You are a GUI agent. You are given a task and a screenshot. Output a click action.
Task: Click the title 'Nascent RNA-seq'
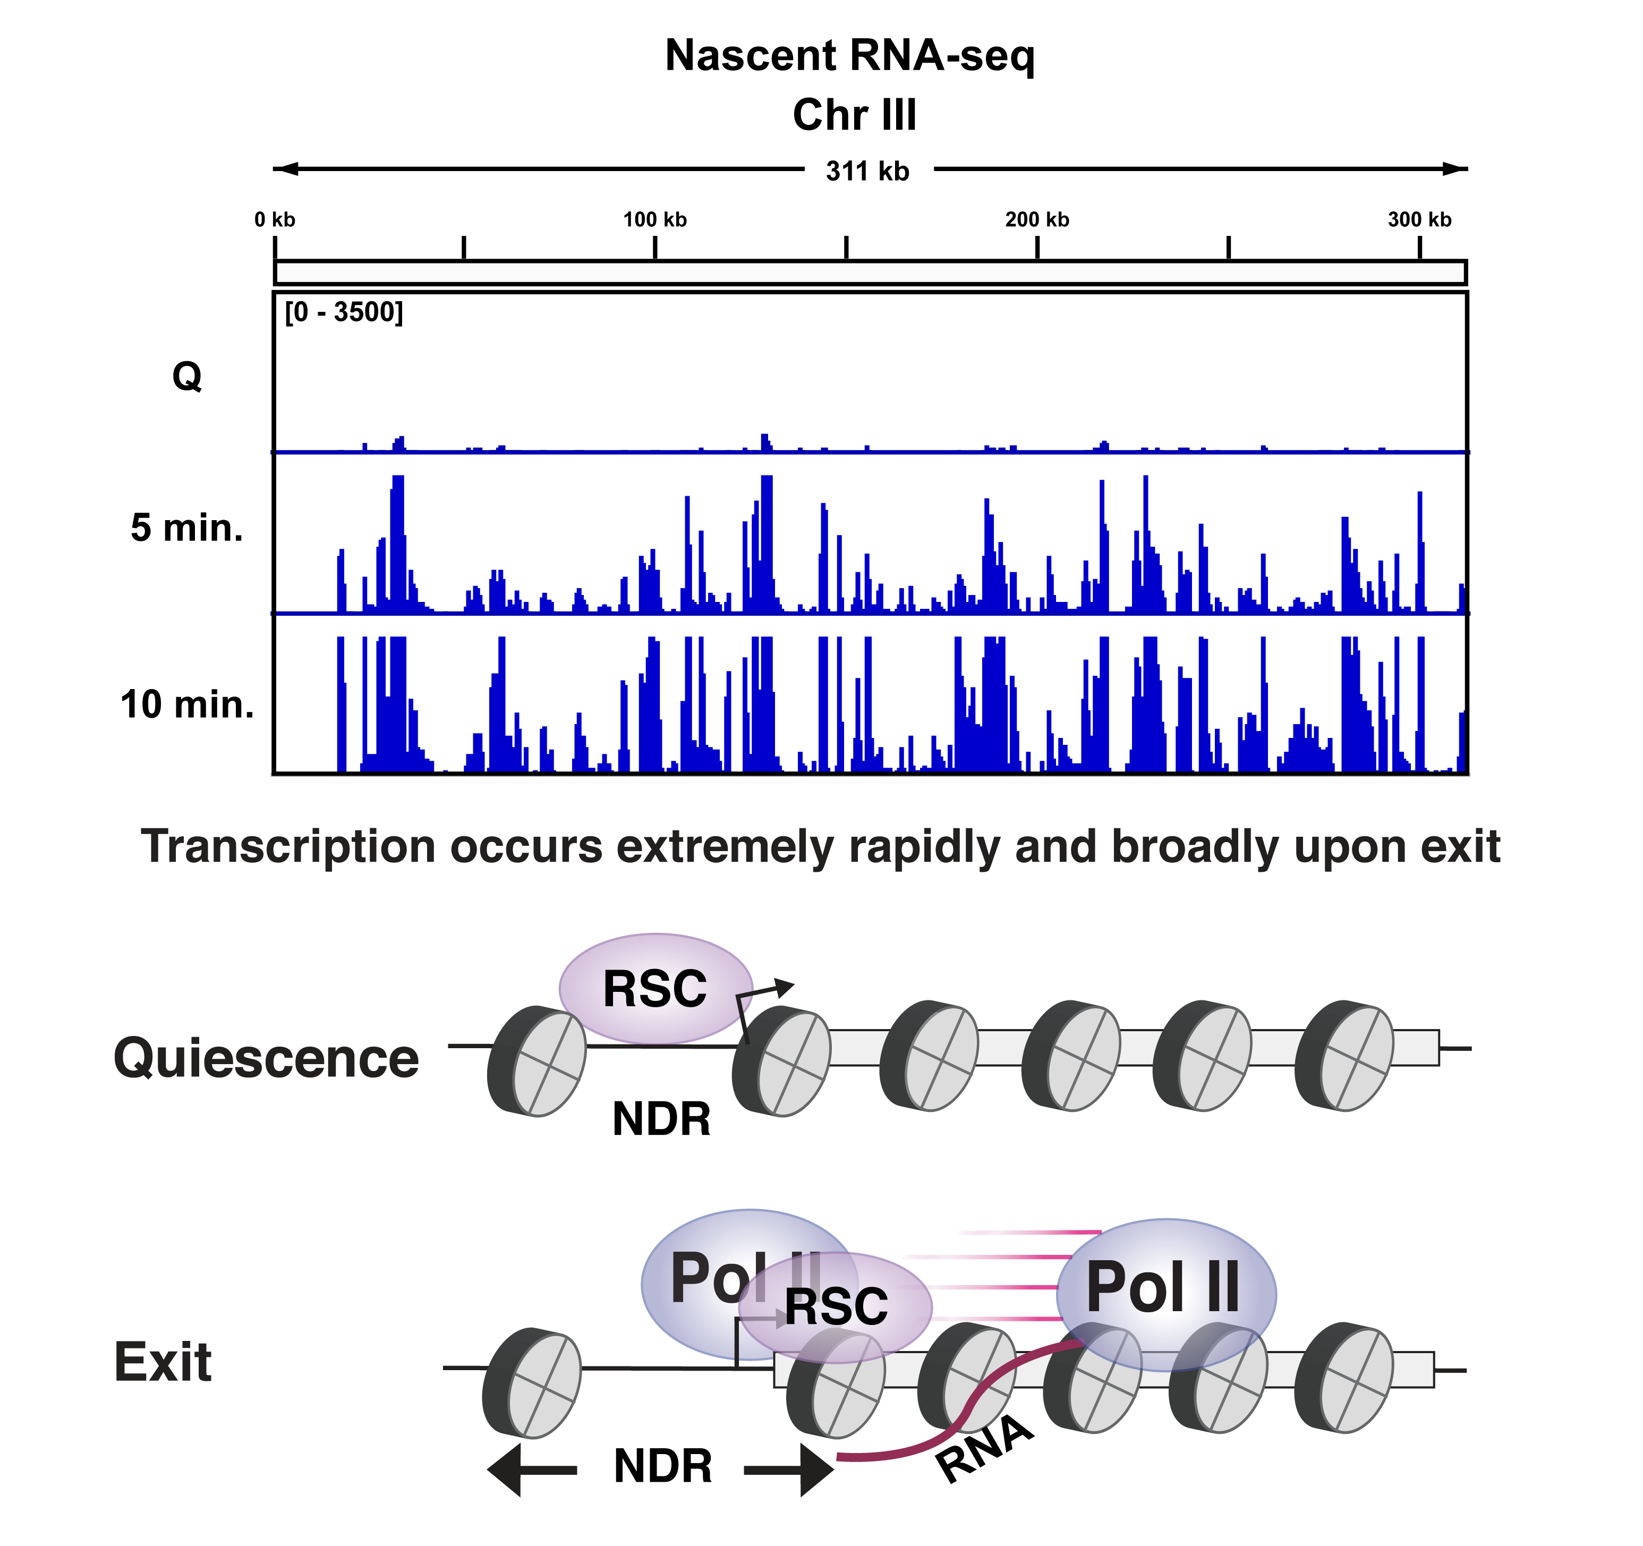(x=849, y=56)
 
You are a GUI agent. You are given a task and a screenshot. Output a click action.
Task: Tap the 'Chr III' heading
(x=855, y=115)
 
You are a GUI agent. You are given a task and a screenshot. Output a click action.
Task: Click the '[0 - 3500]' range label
(x=344, y=312)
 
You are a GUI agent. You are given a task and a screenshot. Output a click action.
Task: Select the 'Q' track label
(x=187, y=377)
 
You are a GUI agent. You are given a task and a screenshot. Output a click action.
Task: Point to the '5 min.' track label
(x=187, y=528)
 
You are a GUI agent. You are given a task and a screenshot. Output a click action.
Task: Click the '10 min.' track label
(x=187, y=705)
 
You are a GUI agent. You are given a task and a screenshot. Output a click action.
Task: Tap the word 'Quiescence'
(x=266, y=1058)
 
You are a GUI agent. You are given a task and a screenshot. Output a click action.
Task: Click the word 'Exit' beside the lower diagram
(x=163, y=1363)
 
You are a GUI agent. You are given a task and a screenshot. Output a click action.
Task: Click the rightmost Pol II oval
(x=1165, y=1290)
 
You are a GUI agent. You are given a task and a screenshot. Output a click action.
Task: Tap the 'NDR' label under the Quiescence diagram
(x=661, y=1119)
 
